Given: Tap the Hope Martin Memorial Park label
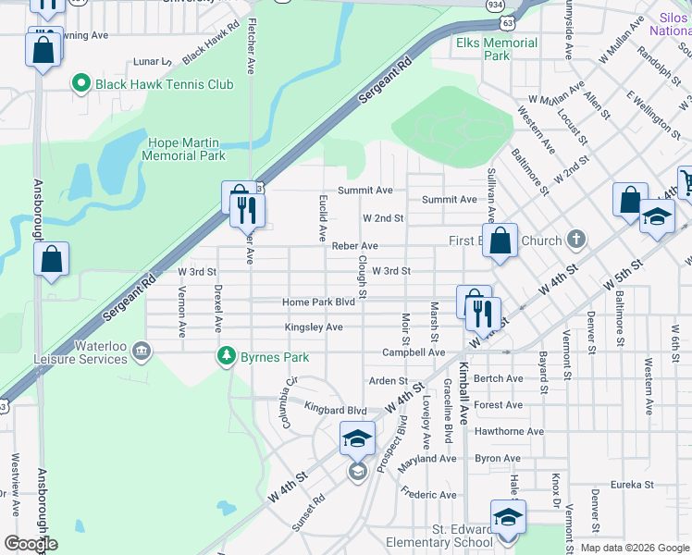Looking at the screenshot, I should point(184,149).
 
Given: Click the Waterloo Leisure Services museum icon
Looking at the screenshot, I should point(142,350).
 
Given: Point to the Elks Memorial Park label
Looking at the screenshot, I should point(496,49).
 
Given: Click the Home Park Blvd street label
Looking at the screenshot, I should point(319,302).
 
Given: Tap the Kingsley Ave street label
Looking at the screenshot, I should point(314,327).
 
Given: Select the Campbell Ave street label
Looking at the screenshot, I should point(414,352).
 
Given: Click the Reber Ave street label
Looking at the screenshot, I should point(355,246).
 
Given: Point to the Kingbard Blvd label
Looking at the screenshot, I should point(336,409).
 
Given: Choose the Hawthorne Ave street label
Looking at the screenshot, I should point(509,431).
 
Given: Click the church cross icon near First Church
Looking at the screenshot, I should point(575,240).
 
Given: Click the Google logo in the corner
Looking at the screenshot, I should point(31,544).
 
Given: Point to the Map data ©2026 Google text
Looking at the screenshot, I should point(634,548).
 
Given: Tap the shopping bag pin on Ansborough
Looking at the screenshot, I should point(51,261).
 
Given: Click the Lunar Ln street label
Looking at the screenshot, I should point(154,62).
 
